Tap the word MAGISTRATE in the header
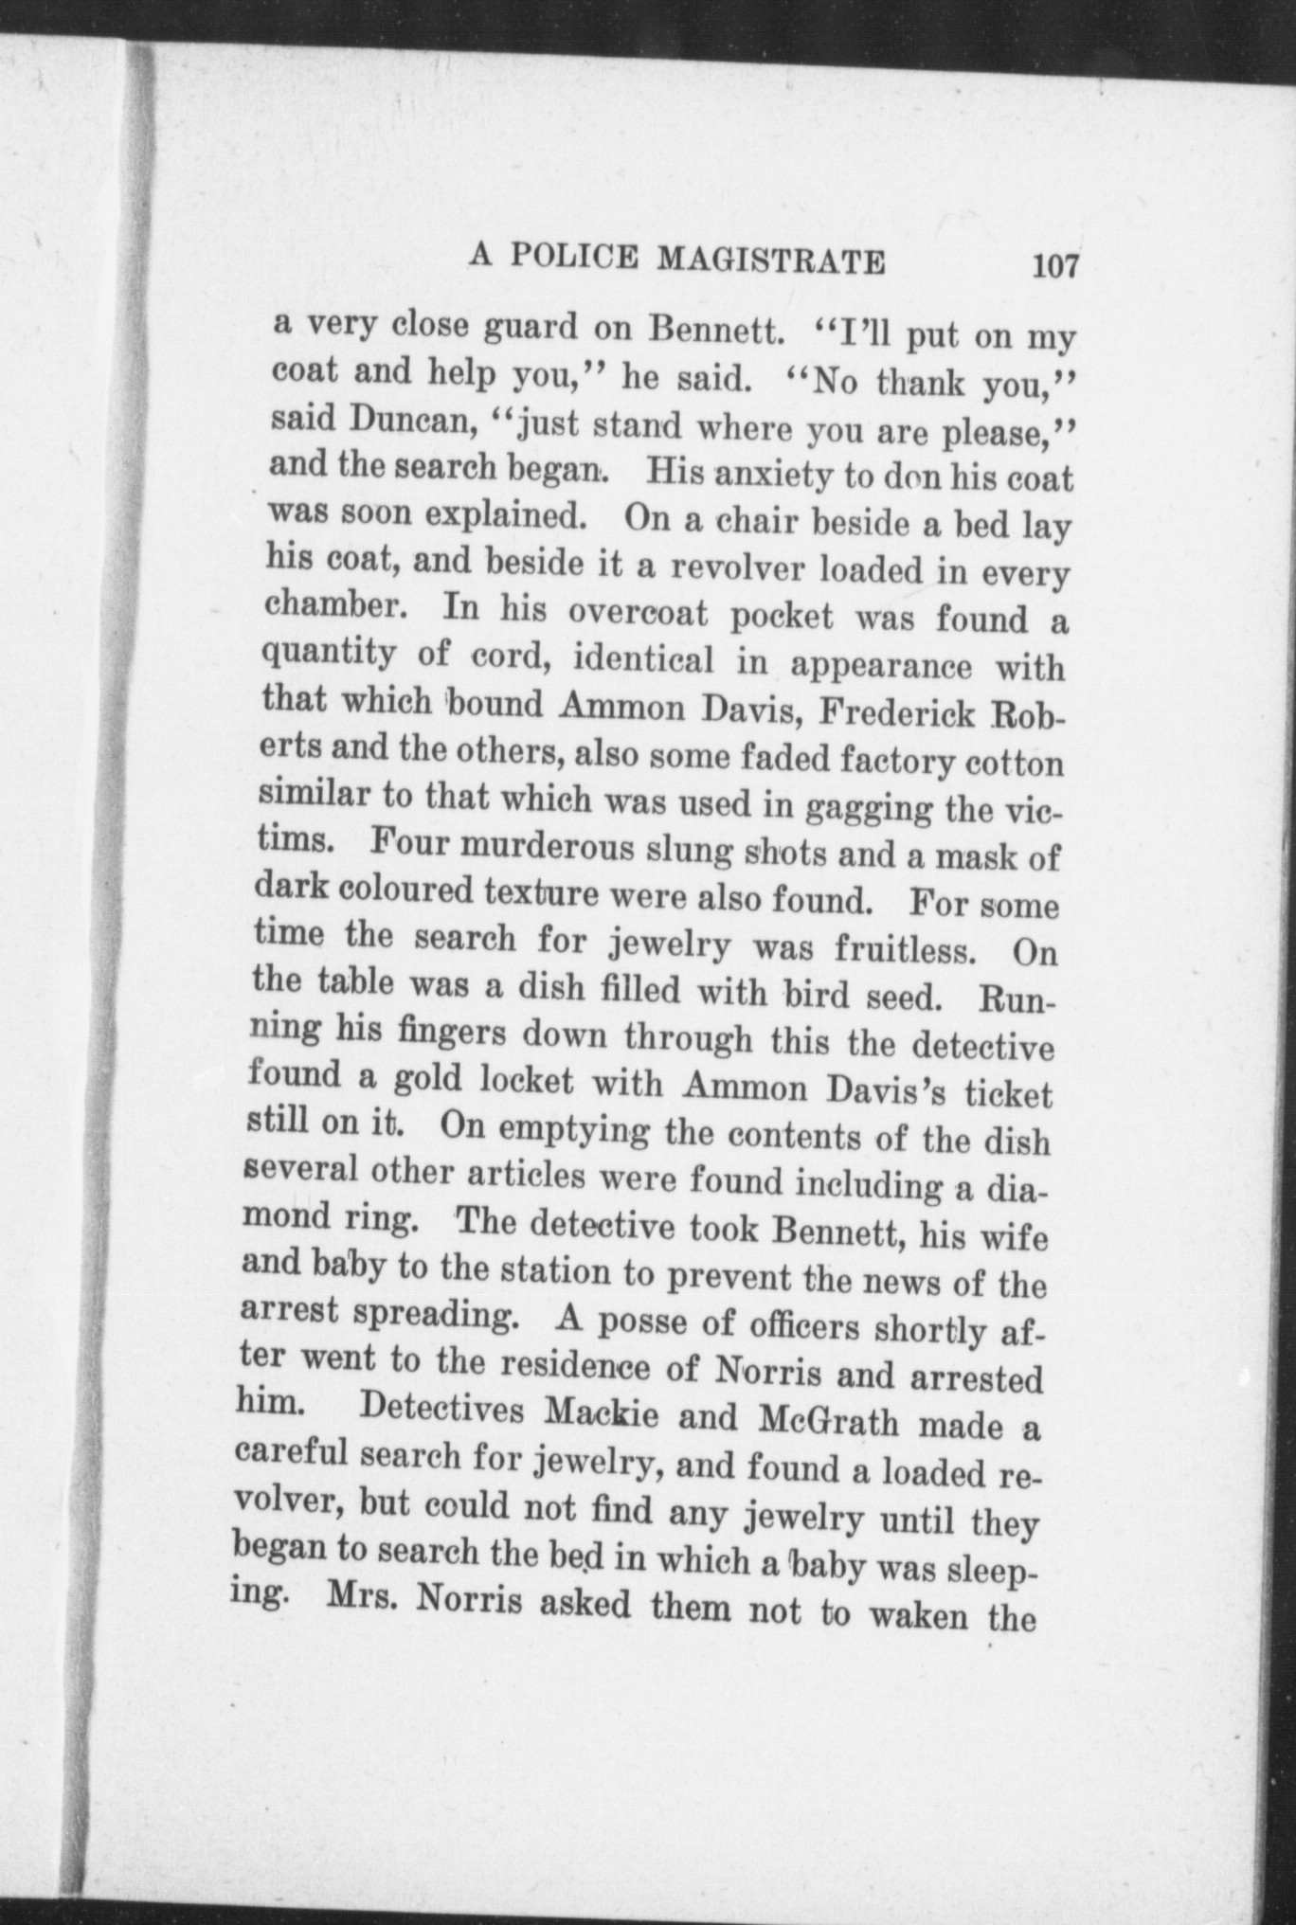click(772, 260)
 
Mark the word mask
click(980, 857)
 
